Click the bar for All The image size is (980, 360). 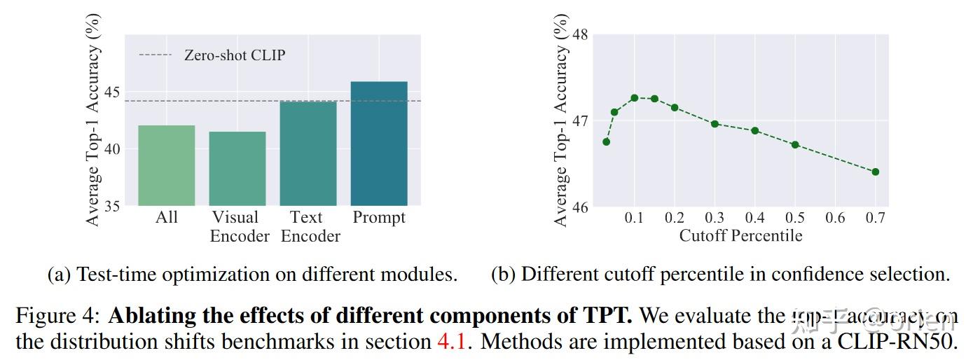tap(167, 165)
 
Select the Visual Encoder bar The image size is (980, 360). tap(237, 169)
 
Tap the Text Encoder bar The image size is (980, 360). tap(308, 153)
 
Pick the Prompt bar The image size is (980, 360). tap(379, 144)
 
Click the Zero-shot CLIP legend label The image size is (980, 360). tap(235, 55)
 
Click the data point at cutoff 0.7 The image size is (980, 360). tap(875, 172)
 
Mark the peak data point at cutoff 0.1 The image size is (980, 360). tap(635, 97)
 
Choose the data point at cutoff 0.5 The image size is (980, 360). tap(795, 144)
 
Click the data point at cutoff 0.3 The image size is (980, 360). tap(715, 124)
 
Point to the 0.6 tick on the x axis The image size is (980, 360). tap(835, 218)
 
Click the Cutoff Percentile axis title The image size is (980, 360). tap(740, 236)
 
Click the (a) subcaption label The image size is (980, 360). tap(58, 275)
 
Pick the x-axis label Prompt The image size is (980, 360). tap(379, 218)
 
